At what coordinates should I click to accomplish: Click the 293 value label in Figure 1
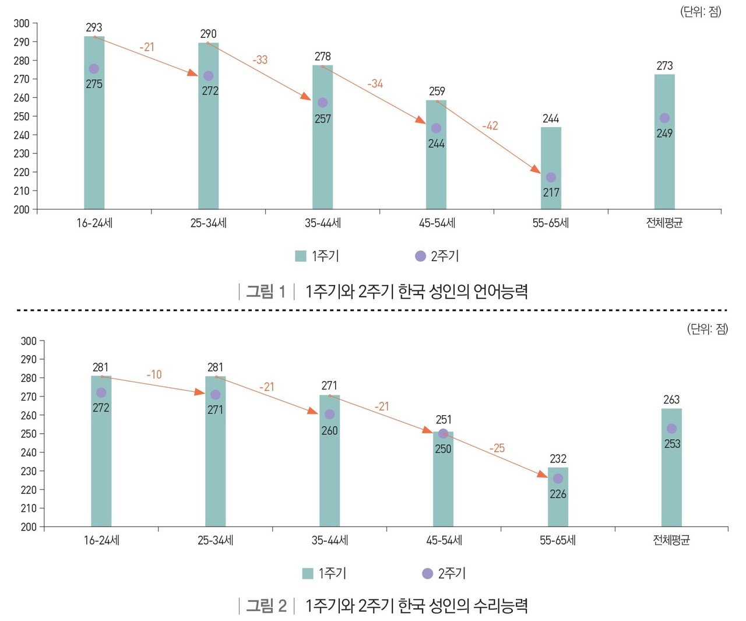click(94, 27)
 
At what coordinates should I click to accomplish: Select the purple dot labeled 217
click(551, 177)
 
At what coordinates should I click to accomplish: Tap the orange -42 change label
click(490, 125)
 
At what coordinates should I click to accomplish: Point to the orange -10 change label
click(154, 374)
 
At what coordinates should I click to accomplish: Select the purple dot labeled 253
click(671, 429)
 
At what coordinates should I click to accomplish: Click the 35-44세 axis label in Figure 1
click(323, 223)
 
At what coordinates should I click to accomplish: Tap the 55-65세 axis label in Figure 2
click(558, 541)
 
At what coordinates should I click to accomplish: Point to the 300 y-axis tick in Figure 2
click(29, 341)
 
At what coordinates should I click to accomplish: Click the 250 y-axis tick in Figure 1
click(22, 116)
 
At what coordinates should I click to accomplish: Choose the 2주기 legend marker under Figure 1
click(420, 256)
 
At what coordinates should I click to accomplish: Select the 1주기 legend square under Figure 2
click(308, 574)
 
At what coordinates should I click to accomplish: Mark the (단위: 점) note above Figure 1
click(701, 12)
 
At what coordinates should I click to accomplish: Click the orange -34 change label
click(375, 83)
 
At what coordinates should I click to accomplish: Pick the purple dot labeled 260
click(329, 414)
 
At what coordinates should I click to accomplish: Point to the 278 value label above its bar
click(322, 57)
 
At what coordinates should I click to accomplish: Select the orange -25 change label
click(497, 448)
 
